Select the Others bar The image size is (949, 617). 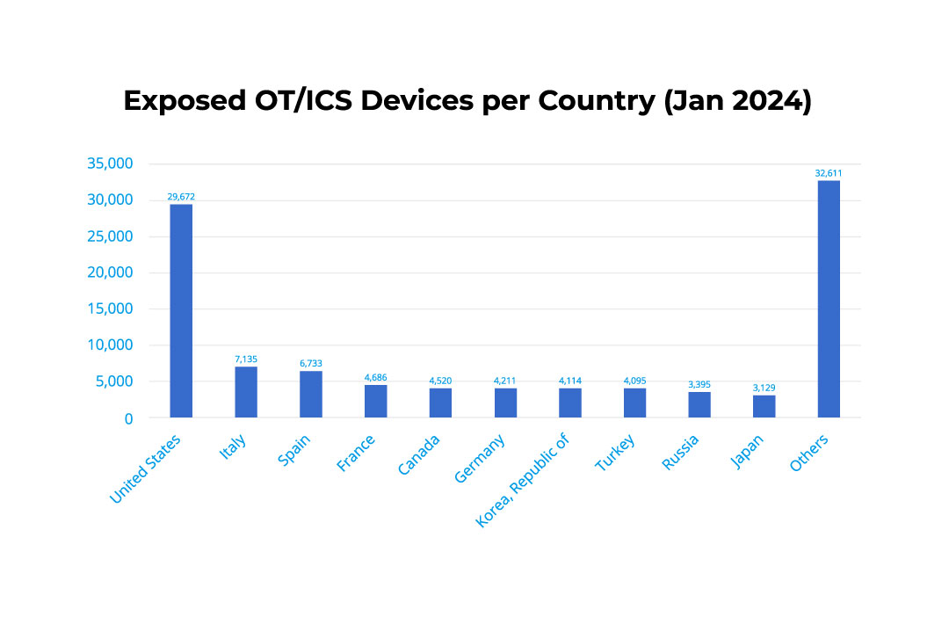point(829,299)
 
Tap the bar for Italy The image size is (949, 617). point(246,392)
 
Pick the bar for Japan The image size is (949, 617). point(764,406)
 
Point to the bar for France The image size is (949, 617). point(375,401)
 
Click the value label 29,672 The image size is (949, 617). point(181,197)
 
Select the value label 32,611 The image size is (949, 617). point(829,173)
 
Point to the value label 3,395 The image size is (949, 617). point(699,385)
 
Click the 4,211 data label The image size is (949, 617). point(505,381)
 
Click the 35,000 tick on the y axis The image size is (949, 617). point(110,163)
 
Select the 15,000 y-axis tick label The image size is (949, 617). point(110,308)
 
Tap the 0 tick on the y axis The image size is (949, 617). point(128,418)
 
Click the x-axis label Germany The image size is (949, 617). point(481,458)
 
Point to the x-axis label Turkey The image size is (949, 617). point(614,453)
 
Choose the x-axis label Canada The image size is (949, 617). point(419,454)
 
